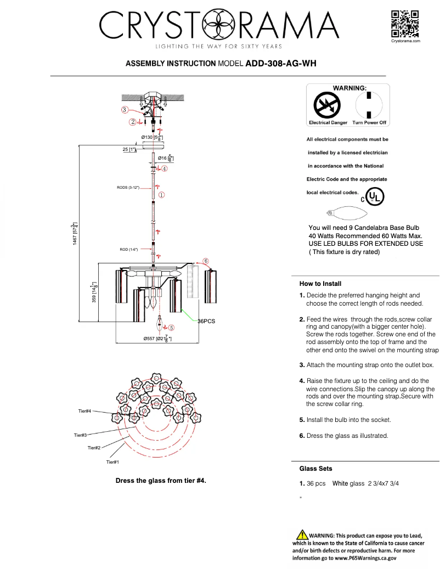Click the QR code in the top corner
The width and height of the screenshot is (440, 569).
click(x=405, y=24)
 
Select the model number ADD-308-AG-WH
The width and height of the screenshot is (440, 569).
click(x=281, y=64)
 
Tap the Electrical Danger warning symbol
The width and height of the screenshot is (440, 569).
click(x=327, y=104)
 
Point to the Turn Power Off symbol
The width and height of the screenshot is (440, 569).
click(x=369, y=104)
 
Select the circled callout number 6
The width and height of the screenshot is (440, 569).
click(x=206, y=261)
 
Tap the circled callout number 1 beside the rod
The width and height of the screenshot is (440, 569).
click(x=161, y=194)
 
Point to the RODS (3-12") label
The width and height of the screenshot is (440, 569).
click(x=128, y=188)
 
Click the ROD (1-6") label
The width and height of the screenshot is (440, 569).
click(x=129, y=250)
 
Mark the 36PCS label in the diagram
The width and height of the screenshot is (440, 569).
click(x=206, y=322)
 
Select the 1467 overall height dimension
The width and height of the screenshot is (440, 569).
click(x=75, y=234)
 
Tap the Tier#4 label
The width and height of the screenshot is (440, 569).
click(x=84, y=411)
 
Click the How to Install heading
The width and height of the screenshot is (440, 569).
click(x=320, y=284)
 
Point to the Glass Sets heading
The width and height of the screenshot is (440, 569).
click(x=315, y=469)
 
